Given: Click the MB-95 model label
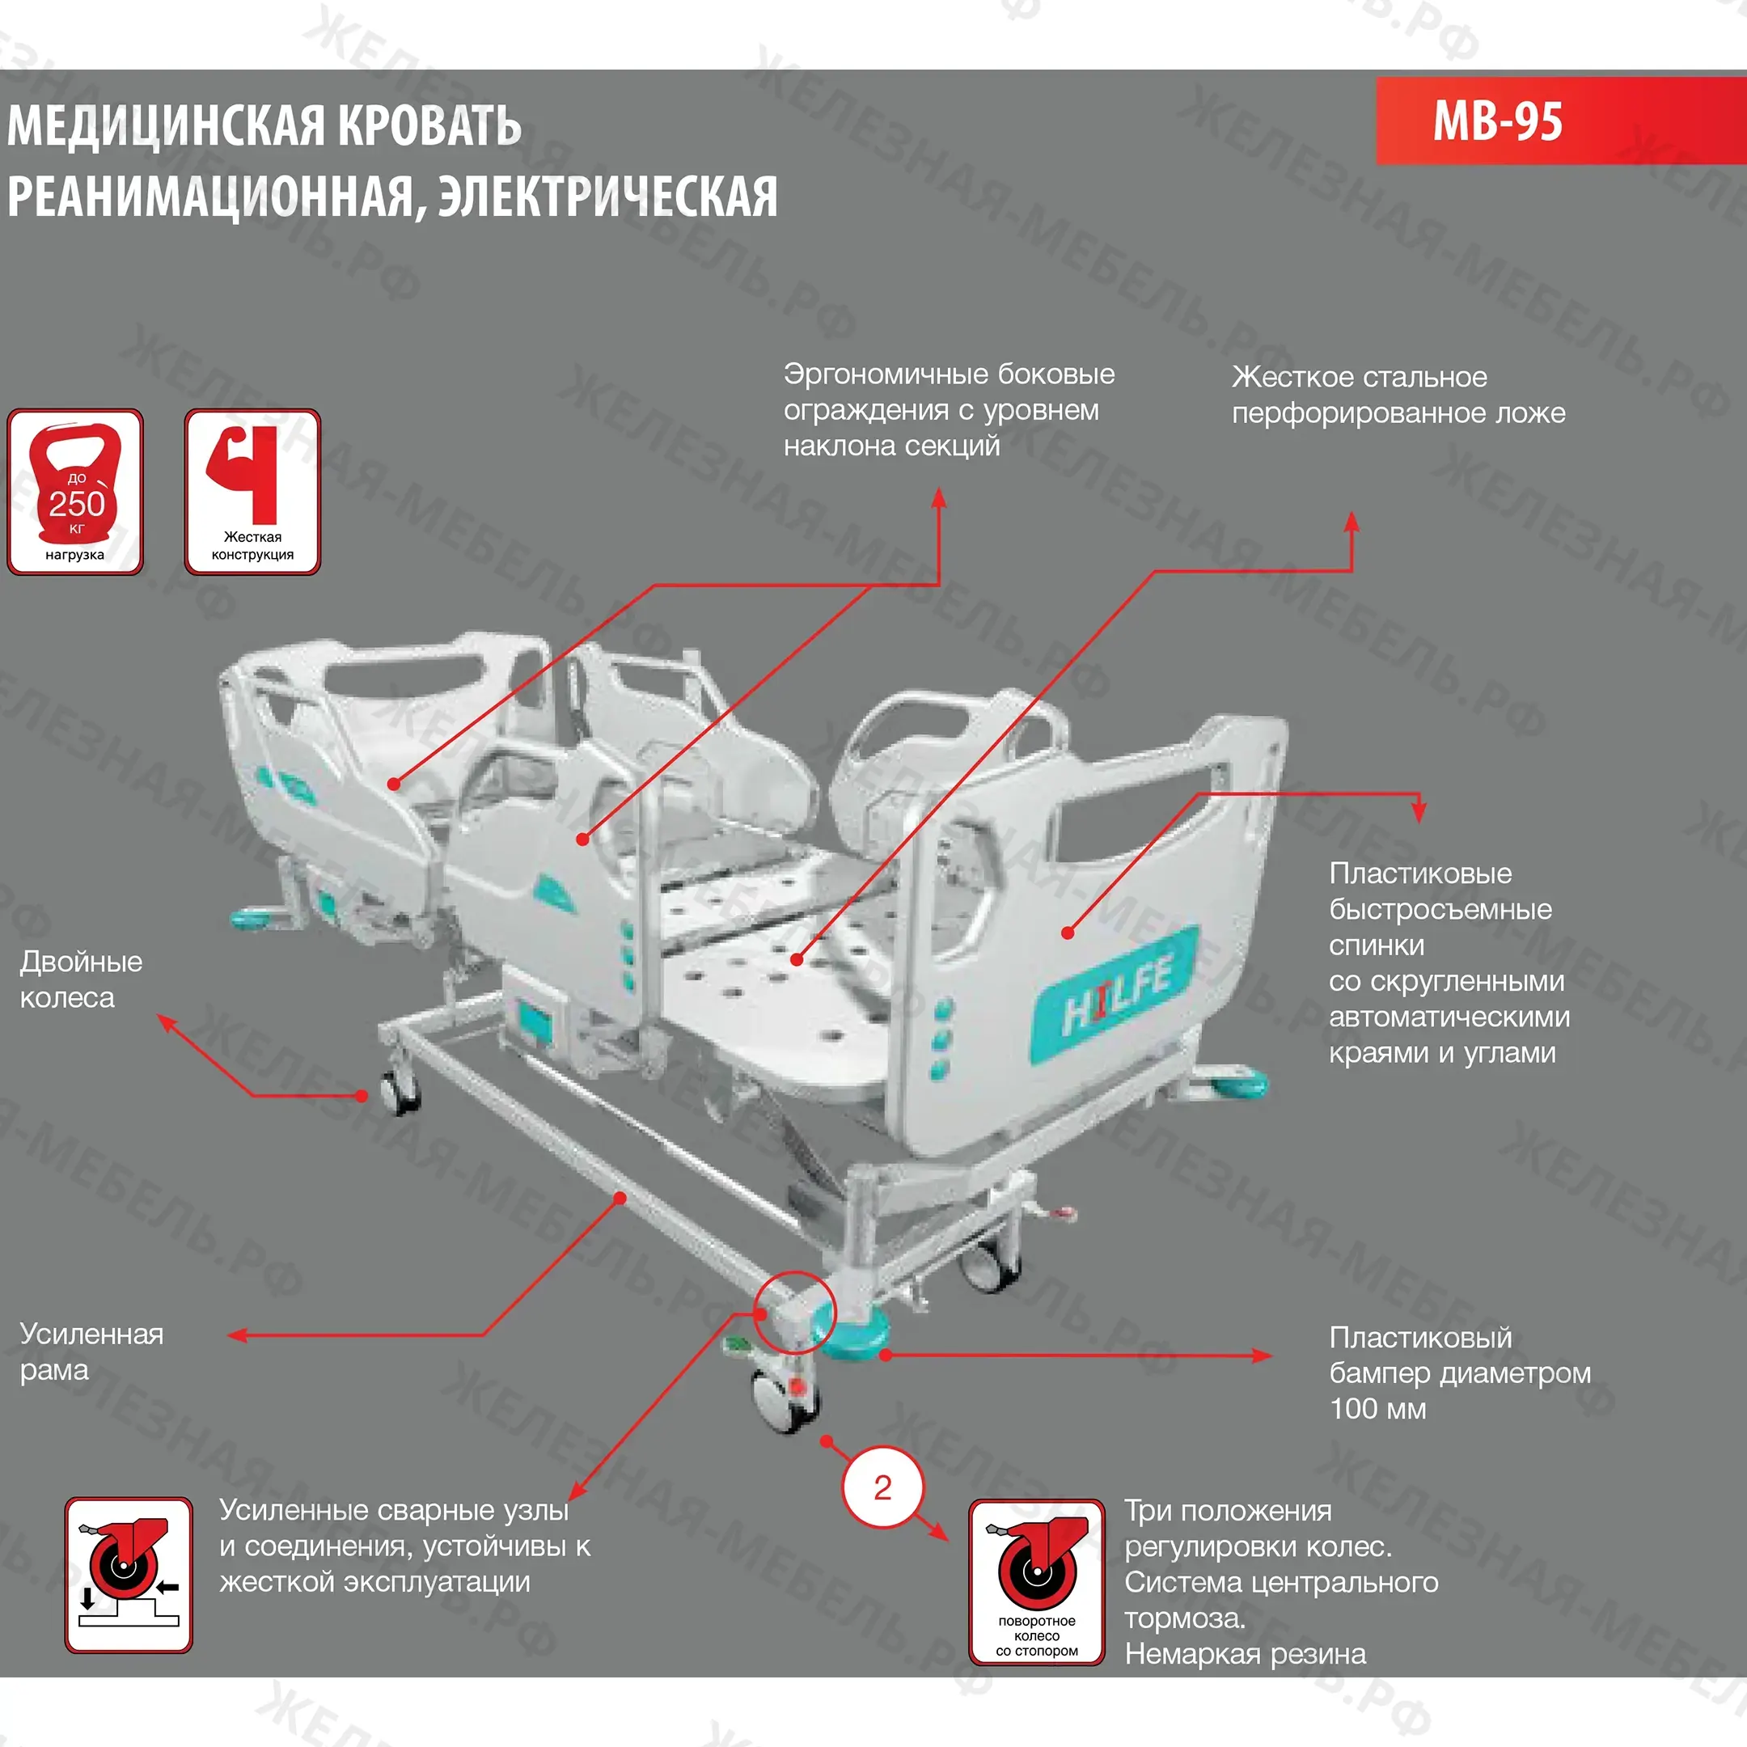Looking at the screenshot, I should pyautogui.click(x=1496, y=121).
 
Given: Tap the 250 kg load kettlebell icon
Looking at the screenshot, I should pyautogui.click(x=75, y=491).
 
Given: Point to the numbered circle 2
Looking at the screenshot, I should pyautogui.click(x=882, y=1487).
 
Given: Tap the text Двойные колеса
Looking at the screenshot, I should pyautogui.click(x=81, y=979).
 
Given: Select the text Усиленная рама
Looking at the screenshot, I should pyautogui.click(x=91, y=1351).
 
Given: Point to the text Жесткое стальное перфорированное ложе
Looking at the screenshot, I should pyautogui.click(x=1398, y=396).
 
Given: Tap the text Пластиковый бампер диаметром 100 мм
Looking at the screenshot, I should pyautogui.click(x=1458, y=1373).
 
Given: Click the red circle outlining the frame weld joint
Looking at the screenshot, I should pyautogui.click(x=796, y=1312).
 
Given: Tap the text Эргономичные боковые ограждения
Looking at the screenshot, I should pyautogui.click(x=949, y=391).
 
